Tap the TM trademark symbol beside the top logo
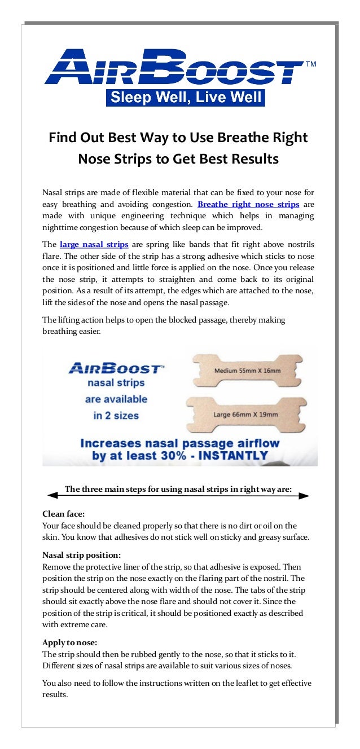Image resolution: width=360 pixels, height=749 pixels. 310,64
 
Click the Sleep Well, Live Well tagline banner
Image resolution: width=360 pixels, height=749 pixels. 186,98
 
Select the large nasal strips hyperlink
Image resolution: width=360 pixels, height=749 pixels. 94,245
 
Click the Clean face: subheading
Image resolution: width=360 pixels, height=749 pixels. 64,514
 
